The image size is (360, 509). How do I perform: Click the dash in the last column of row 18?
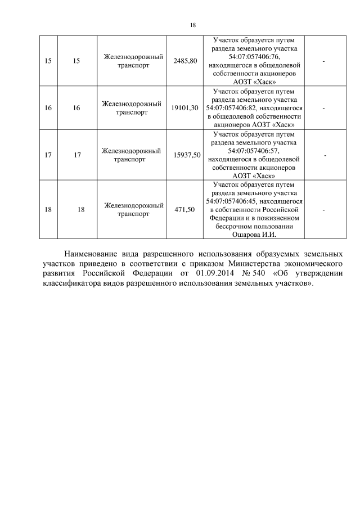[x=323, y=209]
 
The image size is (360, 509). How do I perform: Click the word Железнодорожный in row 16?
[x=132, y=103]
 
